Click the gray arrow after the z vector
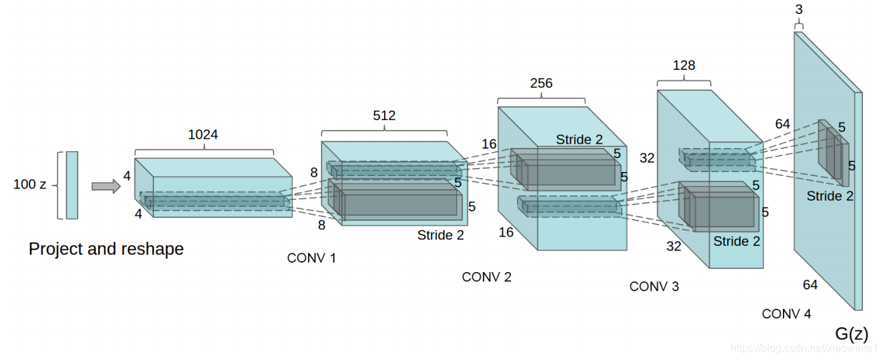[x=105, y=186]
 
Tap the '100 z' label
[x=29, y=185]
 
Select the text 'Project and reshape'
[x=106, y=249]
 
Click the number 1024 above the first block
[x=203, y=135]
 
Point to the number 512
[x=384, y=115]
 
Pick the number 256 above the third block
[x=541, y=83]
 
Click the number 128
[x=684, y=65]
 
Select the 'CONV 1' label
[x=311, y=258]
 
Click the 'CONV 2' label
[x=486, y=277]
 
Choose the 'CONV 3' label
[x=654, y=287]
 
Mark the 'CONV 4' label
[x=786, y=314]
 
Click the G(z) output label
[x=852, y=333]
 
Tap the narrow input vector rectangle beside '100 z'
[x=71, y=185]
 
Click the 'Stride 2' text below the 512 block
[x=440, y=235]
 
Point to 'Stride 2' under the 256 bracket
[x=579, y=140]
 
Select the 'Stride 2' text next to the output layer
[x=830, y=196]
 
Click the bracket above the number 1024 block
[x=204, y=149]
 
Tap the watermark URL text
[x=804, y=348]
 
